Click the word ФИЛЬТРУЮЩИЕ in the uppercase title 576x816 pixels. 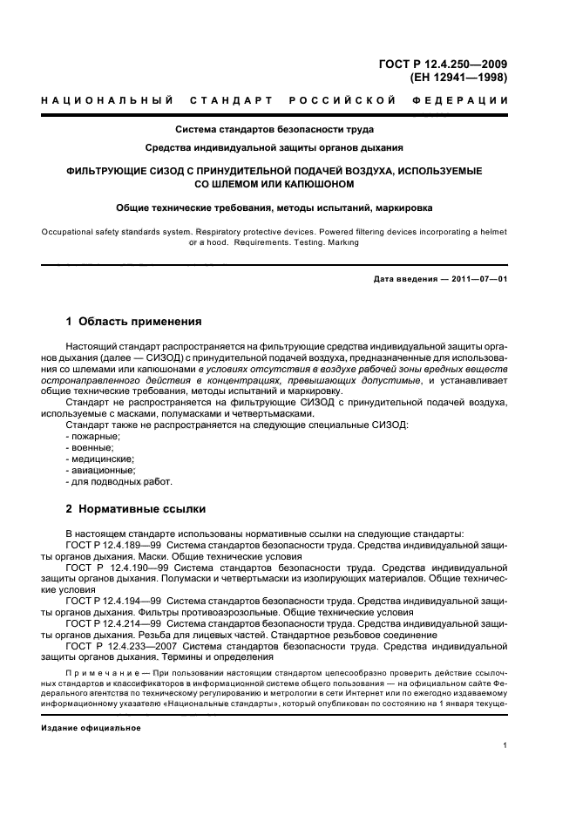click(110, 171)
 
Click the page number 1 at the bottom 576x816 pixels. click(505, 745)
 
